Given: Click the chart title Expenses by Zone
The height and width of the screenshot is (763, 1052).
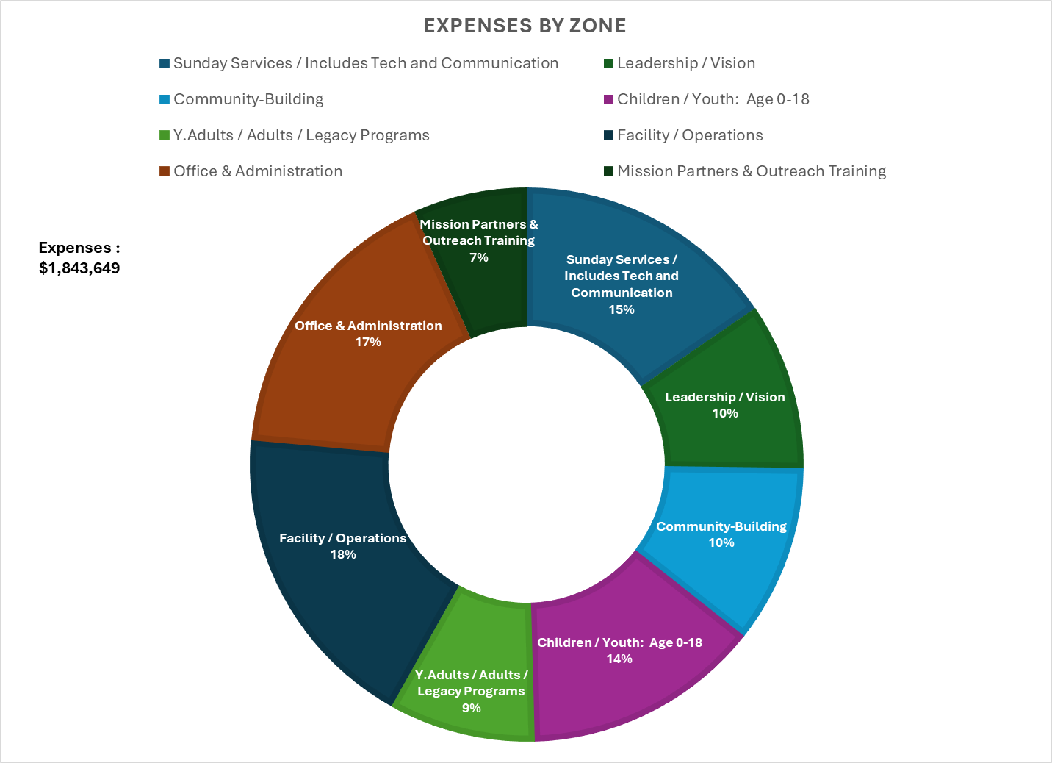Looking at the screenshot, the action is pyautogui.click(x=525, y=26).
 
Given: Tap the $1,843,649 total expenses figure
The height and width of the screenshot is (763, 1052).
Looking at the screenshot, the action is pyautogui.click(x=79, y=268).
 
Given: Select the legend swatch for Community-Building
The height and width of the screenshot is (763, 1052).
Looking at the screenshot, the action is pyautogui.click(x=165, y=99).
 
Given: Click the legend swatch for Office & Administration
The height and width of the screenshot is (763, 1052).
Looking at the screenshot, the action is pyautogui.click(x=165, y=171).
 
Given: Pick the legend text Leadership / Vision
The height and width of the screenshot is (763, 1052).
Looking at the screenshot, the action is pyautogui.click(x=685, y=63).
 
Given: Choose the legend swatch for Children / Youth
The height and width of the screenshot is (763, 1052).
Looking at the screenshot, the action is pyautogui.click(x=608, y=99).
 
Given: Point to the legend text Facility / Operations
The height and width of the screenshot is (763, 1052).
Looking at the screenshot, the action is pyautogui.click(x=689, y=135).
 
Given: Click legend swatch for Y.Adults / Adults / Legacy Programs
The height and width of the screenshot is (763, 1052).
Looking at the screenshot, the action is pyautogui.click(x=165, y=135).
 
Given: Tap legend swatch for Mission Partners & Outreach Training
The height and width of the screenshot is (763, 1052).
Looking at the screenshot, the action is pyautogui.click(x=608, y=171).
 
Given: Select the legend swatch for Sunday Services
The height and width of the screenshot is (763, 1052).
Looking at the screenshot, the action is pyautogui.click(x=165, y=63).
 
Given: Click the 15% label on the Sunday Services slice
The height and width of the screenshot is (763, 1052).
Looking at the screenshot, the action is pyautogui.click(x=622, y=309).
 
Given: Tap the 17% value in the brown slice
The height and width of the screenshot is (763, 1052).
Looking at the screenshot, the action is pyautogui.click(x=368, y=342).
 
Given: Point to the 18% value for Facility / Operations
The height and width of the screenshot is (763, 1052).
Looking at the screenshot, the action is pyautogui.click(x=343, y=554).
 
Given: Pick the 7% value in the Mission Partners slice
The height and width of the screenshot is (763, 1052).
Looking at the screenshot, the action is pyautogui.click(x=479, y=257).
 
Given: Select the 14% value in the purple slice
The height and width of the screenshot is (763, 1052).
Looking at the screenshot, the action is pyautogui.click(x=619, y=659).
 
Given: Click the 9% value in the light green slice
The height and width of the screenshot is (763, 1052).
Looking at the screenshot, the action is pyautogui.click(x=472, y=708).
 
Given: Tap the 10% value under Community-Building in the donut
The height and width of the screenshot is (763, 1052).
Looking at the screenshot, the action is pyautogui.click(x=721, y=542).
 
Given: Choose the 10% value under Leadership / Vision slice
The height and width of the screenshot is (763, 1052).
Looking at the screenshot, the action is pyautogui.click(x=725, y=413).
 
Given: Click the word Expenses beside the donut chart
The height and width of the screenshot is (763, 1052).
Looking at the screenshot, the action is pyautogui.click(x=75, y=248).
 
